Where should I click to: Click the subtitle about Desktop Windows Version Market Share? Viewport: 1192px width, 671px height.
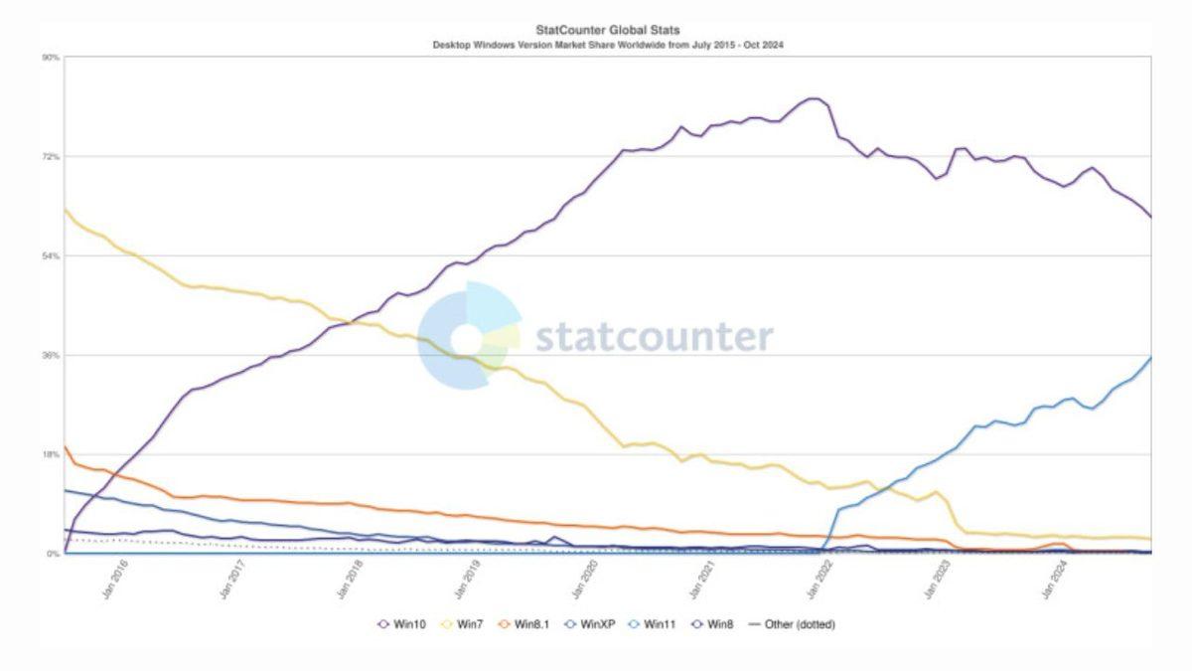click(x=609, y=46)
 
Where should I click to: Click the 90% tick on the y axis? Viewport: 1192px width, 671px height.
click(x=51, y=58)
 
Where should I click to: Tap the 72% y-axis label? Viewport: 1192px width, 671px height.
click(x=51, y=157)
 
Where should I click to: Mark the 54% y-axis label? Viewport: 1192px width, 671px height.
click(x=51, y=256)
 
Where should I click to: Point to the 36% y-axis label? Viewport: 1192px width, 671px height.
click(x=51, y=356)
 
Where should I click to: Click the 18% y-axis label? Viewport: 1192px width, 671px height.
click(x=51, y=455)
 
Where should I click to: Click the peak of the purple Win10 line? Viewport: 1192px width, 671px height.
click(x=814, y=98)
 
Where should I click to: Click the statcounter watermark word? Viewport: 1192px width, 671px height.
click(x=654, y=337)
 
